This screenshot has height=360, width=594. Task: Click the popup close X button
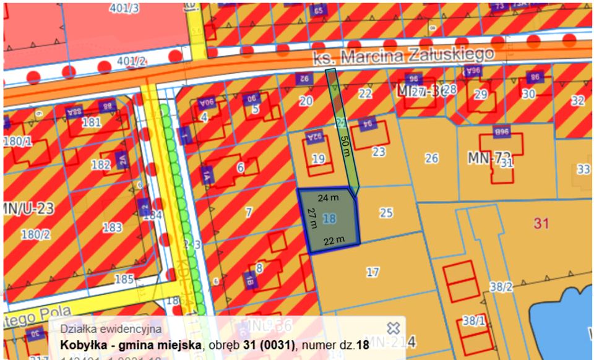click(393, 328)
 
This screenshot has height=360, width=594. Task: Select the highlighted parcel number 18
click(329, 218)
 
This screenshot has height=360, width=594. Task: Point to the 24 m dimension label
click(328, 199)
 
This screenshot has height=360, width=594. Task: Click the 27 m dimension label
click(312, 218)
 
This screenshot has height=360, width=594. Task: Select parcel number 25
click(386, 213)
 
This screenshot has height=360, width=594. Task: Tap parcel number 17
click(372, 272)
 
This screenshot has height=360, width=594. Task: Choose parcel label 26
click(431, 159)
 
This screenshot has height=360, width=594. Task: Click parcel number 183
click(112, 228)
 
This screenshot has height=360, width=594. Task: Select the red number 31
click(541, 223)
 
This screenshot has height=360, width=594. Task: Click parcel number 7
click(249, 212)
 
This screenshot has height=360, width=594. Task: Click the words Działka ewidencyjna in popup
click(111, 329)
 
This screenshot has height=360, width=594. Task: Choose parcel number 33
click(583, 169)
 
